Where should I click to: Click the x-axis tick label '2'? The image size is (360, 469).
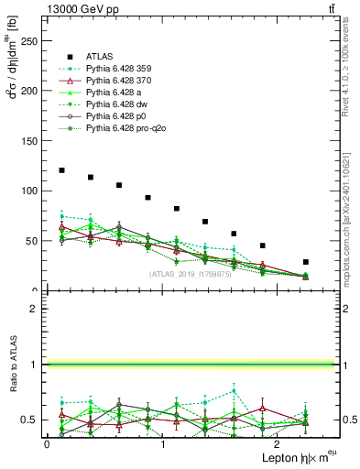[278, 443]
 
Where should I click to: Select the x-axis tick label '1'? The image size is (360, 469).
[162, 443]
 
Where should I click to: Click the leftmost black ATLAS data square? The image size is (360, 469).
[61, 170]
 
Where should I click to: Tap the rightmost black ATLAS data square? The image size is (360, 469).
[306, 262]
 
